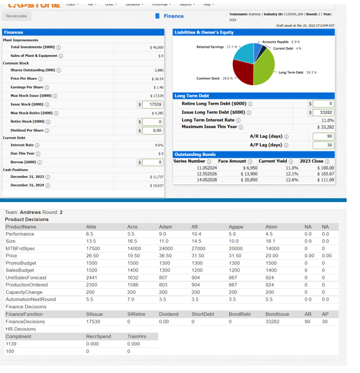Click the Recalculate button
(17, 16)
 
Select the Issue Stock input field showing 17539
(153, 105)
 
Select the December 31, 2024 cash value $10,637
(157, 185)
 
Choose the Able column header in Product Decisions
(91, 227)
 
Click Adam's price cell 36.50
(166, 256)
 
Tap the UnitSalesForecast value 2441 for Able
(92, 277)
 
